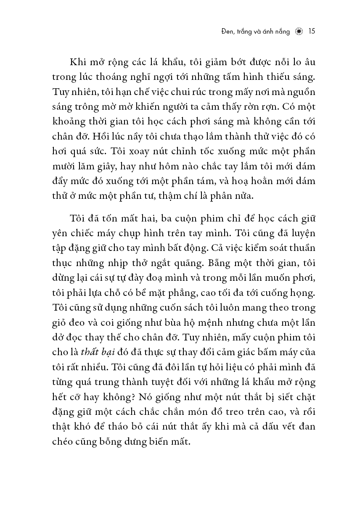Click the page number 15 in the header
tap(312, 32)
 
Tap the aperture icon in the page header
tap(299, 32)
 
